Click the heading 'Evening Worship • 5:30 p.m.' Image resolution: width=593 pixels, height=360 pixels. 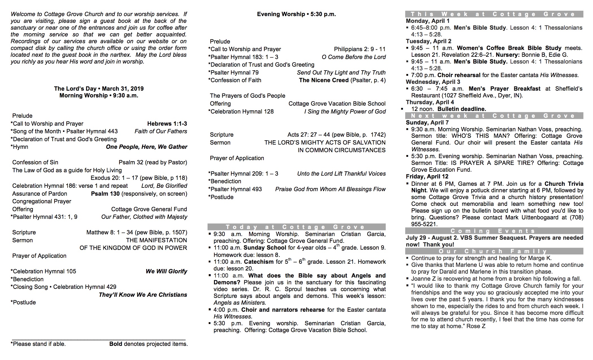(x=296, y=14)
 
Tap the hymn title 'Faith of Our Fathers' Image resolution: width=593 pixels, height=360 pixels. (x=161, y=131)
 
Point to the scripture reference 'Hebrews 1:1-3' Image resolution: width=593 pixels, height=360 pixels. (x=167, y=124)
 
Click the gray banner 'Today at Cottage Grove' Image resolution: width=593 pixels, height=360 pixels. (x=296, y=227)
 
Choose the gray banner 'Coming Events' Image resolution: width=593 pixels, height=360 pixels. (x=494, y=231)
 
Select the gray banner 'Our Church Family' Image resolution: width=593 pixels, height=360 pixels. (x=494, y=251)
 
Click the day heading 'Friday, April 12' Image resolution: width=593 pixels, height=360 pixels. (x=427, y=177)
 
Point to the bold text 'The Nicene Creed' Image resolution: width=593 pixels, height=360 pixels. (x=324, y=80)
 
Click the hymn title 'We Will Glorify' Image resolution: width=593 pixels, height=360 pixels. (x=166, y=271)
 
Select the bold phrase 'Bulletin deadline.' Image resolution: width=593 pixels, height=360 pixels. (x=462, y=109)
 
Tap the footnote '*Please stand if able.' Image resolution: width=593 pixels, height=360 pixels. (x=38, y=344)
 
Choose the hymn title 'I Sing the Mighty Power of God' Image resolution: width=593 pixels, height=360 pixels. (x=345, y=112)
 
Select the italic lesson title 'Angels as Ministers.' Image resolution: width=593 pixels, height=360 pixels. (x=240, y=303)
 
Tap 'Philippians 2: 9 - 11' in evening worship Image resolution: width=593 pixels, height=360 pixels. (x=359, y=49)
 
